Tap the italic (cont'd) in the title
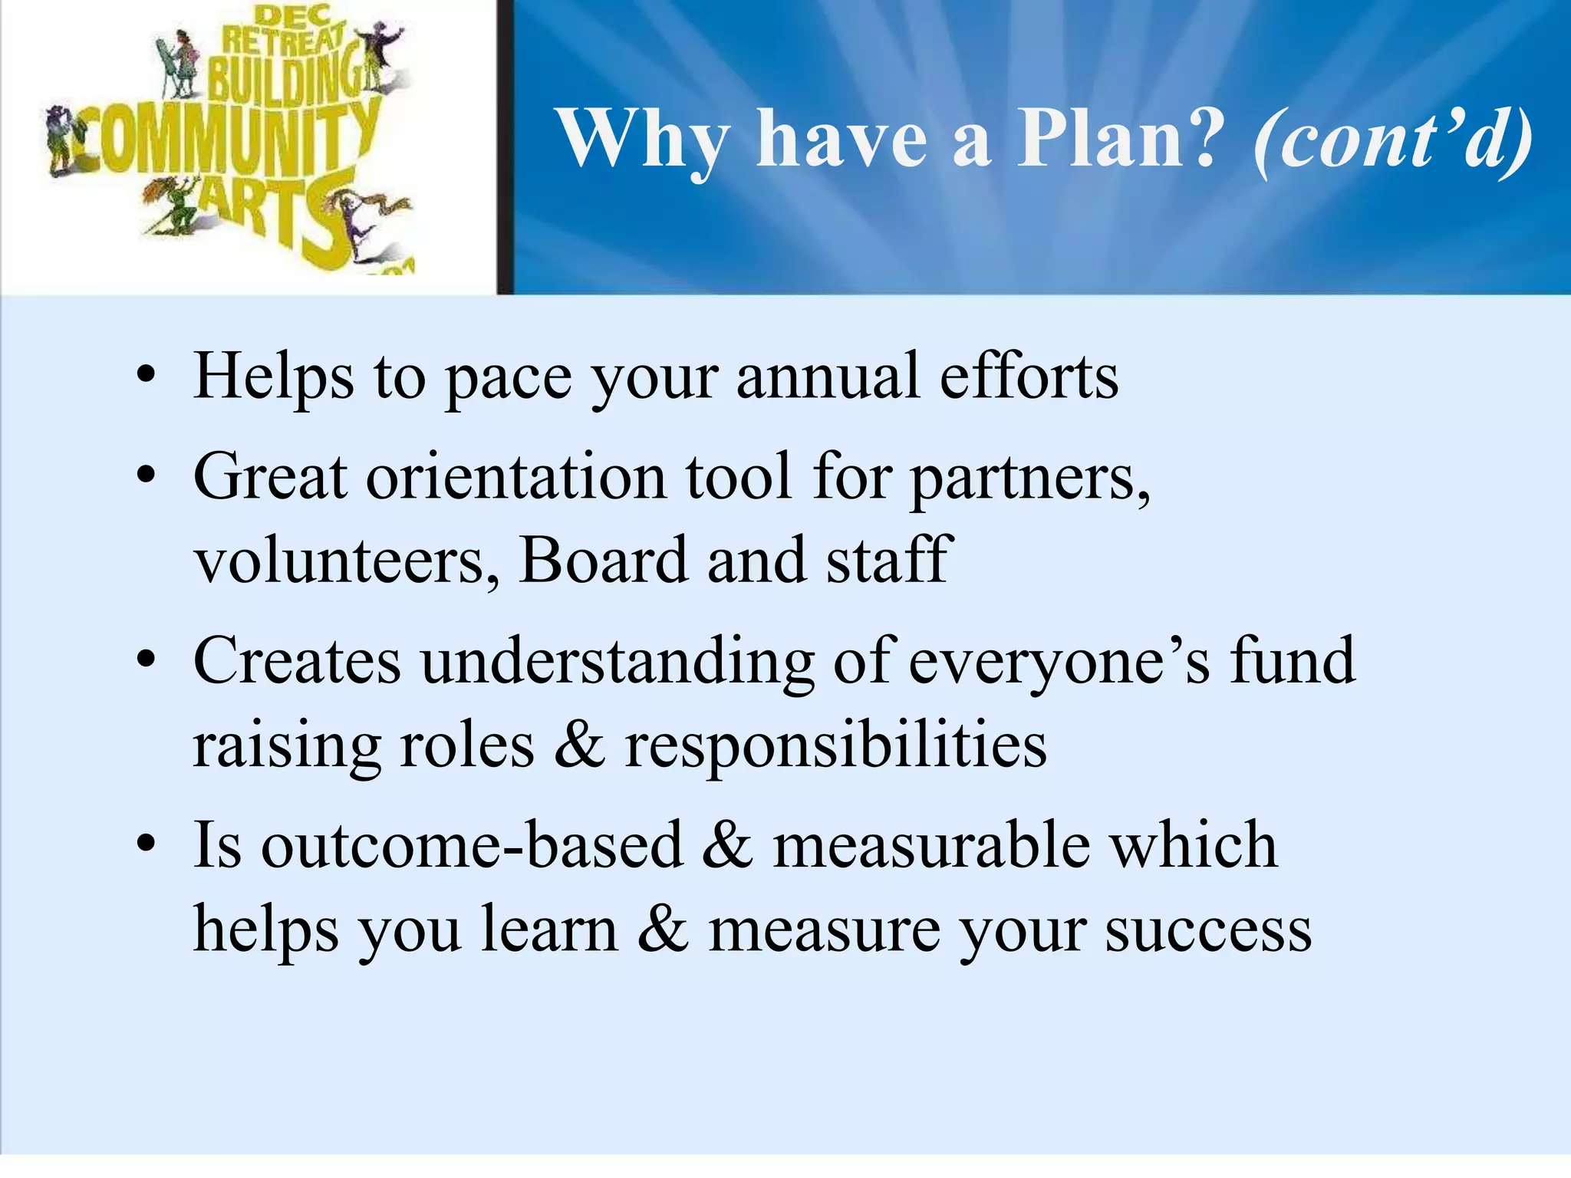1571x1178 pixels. tap(1393, 139)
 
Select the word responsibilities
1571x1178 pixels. tap(835, 746)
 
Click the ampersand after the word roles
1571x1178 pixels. tap(580, 745)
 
